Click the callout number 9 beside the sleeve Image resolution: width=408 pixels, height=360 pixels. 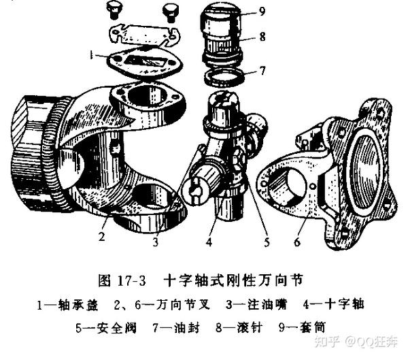262,12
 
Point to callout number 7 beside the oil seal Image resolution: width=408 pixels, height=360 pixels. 262,71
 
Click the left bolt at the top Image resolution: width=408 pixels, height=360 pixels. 114,9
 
